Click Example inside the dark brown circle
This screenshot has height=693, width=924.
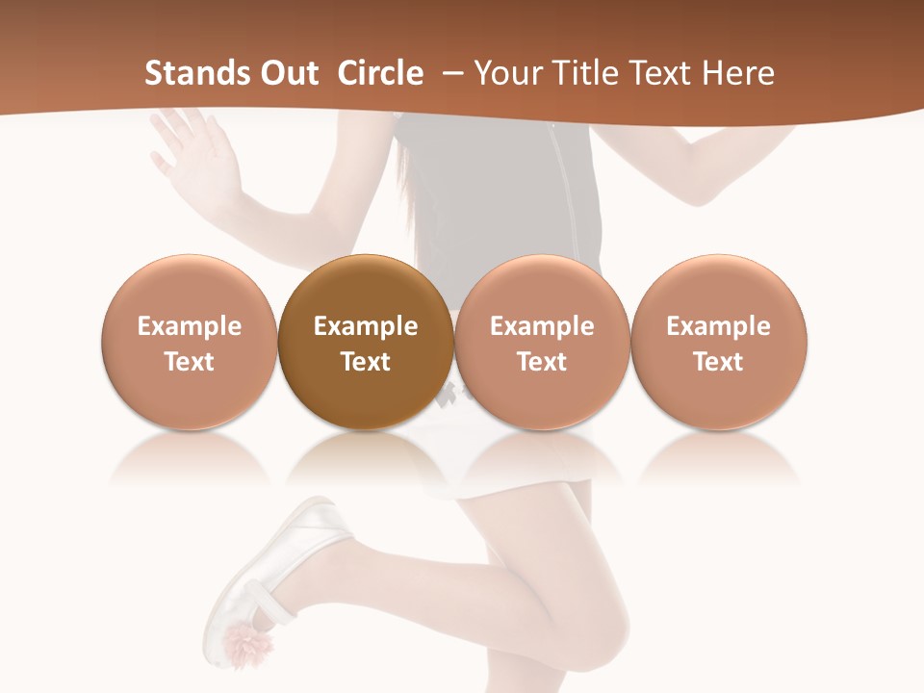(366, 326)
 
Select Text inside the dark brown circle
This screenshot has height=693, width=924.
(366, 362)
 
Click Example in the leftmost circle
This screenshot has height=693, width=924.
(190, 326)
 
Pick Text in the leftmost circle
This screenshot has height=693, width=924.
(190, 362)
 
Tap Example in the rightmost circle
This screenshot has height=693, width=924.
(718, 326)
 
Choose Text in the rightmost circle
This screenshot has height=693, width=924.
(718, 362)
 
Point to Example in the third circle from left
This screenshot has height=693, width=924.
(542, 326)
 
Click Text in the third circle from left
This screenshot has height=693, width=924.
(542, 362)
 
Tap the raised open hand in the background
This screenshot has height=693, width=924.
(197, 159)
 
